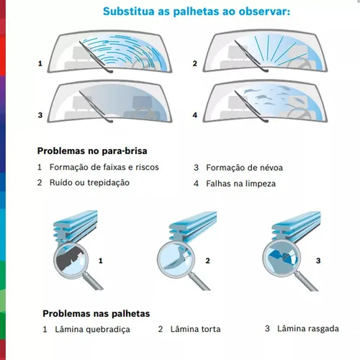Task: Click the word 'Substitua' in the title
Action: coord(129,12)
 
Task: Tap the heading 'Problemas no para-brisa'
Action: coord(92,151)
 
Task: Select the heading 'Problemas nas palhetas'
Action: coord(96,313)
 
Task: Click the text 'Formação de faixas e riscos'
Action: coord(104,167)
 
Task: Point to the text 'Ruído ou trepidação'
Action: coord(89,183)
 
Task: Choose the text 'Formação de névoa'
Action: coord(245,168)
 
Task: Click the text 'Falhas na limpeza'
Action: coord(241,184)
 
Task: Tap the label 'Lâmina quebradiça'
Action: coord(93,329)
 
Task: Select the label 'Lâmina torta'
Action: coord(195,329)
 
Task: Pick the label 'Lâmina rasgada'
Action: coord(308,328)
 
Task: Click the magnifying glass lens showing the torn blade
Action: coord(282,258)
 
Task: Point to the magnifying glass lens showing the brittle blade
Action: coord(71,261)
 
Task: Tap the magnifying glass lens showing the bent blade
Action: coord(176,260)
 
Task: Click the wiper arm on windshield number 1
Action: coord(96,57)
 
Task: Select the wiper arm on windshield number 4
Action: coord(251,107)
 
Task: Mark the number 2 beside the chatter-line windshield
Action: coord(195,63)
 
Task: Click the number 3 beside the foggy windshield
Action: coord(40,115)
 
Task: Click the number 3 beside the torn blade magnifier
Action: coord(318,261)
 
